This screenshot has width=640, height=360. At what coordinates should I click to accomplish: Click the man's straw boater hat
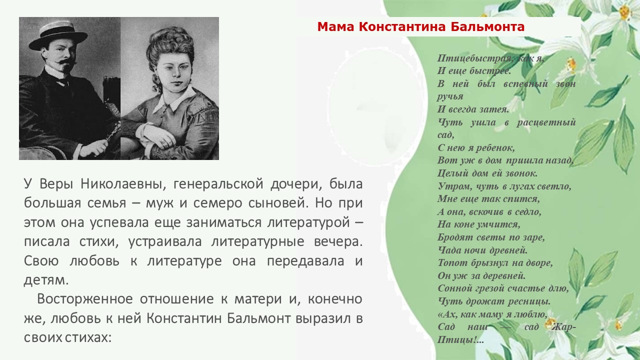click(x=58, y=35)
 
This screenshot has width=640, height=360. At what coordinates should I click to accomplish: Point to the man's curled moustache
click(x=66, y=62)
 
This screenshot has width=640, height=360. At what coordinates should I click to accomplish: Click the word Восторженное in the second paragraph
click(x=85, y=299)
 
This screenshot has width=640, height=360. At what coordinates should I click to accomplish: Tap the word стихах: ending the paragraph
click(x=87, y=338)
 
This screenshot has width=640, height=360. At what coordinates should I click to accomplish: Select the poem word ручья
click(x=450, y=97)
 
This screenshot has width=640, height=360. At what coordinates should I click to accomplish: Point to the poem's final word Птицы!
click(x=460, y=340)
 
